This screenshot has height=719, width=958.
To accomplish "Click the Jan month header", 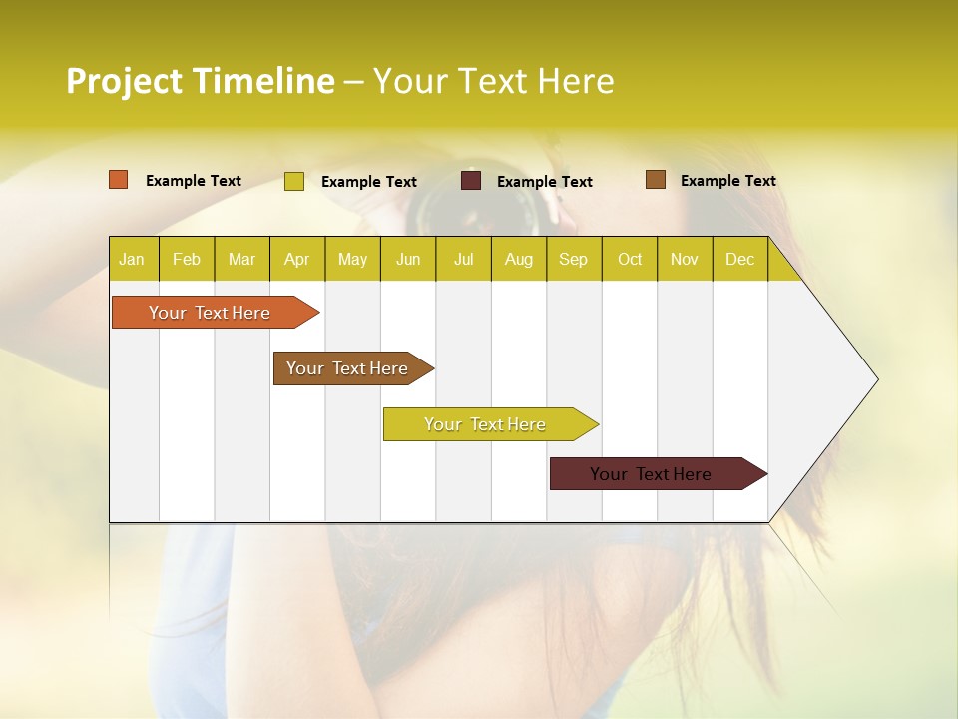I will pos(132,259).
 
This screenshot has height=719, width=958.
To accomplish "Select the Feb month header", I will pos(187,259).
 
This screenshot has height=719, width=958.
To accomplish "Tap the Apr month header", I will pos(296,259).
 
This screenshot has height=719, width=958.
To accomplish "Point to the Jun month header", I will pos(408,259).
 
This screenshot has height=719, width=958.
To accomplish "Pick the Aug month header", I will pos(518,259).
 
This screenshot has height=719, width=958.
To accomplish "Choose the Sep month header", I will pos(573,259).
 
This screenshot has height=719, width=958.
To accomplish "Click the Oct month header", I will pos(630,259).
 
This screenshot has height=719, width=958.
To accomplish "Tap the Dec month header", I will pos(739,259).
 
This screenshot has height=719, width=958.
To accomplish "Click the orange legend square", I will pos(119,180).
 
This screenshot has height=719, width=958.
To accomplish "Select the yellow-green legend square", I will pos(294,181).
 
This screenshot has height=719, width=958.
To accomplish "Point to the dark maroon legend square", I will pos(471,181).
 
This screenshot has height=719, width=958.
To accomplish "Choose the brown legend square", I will pos(656,180).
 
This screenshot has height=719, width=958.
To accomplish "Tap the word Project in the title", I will pos(124,81).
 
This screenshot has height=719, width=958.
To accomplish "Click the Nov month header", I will pos(685,259).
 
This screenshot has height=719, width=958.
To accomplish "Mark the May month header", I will pos(352,259).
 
